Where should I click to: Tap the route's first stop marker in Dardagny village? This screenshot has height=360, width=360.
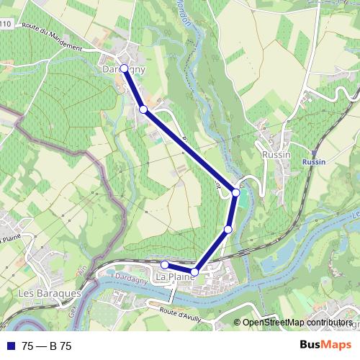(x=124, y=68)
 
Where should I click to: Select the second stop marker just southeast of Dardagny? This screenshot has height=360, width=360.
(x=143, y=109)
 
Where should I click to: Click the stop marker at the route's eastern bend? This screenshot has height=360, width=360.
(x=235, y=192)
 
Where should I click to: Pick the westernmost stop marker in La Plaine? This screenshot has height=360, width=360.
(x=165, y=265)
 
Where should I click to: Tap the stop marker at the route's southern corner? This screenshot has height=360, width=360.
(x=194, y=271)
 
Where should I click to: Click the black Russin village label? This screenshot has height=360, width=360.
(x=277, y=155)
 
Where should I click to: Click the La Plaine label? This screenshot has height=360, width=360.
(x=176, y=276)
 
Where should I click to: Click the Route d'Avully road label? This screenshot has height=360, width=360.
(x=180, y=312)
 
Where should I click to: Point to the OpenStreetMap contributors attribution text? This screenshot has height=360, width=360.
(x=297, y=322)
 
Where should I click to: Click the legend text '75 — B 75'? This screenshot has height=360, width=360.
(x=47, y=346)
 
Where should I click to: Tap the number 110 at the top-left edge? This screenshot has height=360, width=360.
(x=6, y=24)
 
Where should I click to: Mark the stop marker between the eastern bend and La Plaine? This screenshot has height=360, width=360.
(x=228, y=230)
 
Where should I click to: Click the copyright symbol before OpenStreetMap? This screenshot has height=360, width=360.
(x=238, y=322)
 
